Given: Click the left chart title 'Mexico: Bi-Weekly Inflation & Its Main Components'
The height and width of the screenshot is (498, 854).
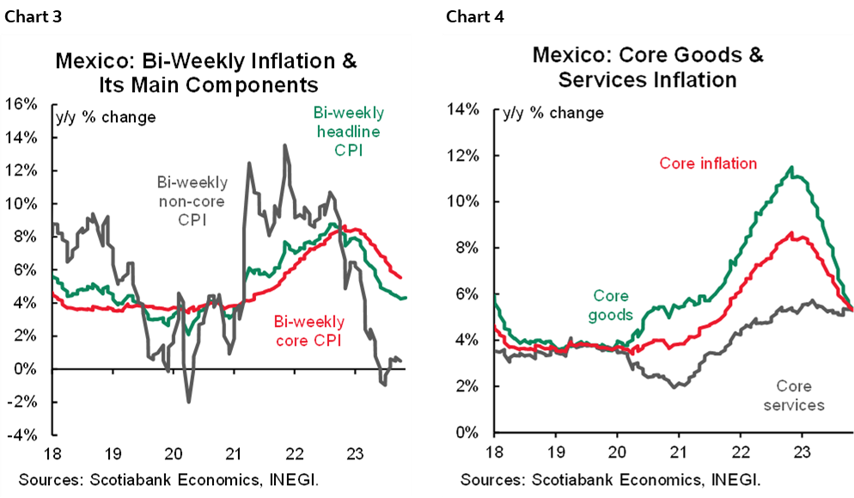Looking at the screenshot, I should click(x=205, y=73).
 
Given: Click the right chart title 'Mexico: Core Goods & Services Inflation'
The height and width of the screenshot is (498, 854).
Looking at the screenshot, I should click(x=647, y=68).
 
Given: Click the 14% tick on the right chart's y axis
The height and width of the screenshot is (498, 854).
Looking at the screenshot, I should click(x=461, y=109).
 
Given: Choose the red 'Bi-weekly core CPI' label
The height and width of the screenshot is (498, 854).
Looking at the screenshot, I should click(x=308, y=331).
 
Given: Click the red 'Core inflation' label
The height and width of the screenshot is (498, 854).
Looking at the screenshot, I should click(x=708, y=163).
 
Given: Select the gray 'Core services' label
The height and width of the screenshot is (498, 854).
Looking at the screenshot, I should click(x=793, y=396).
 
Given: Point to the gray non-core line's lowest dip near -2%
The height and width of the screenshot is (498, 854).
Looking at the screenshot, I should click(x=188, y=401).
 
